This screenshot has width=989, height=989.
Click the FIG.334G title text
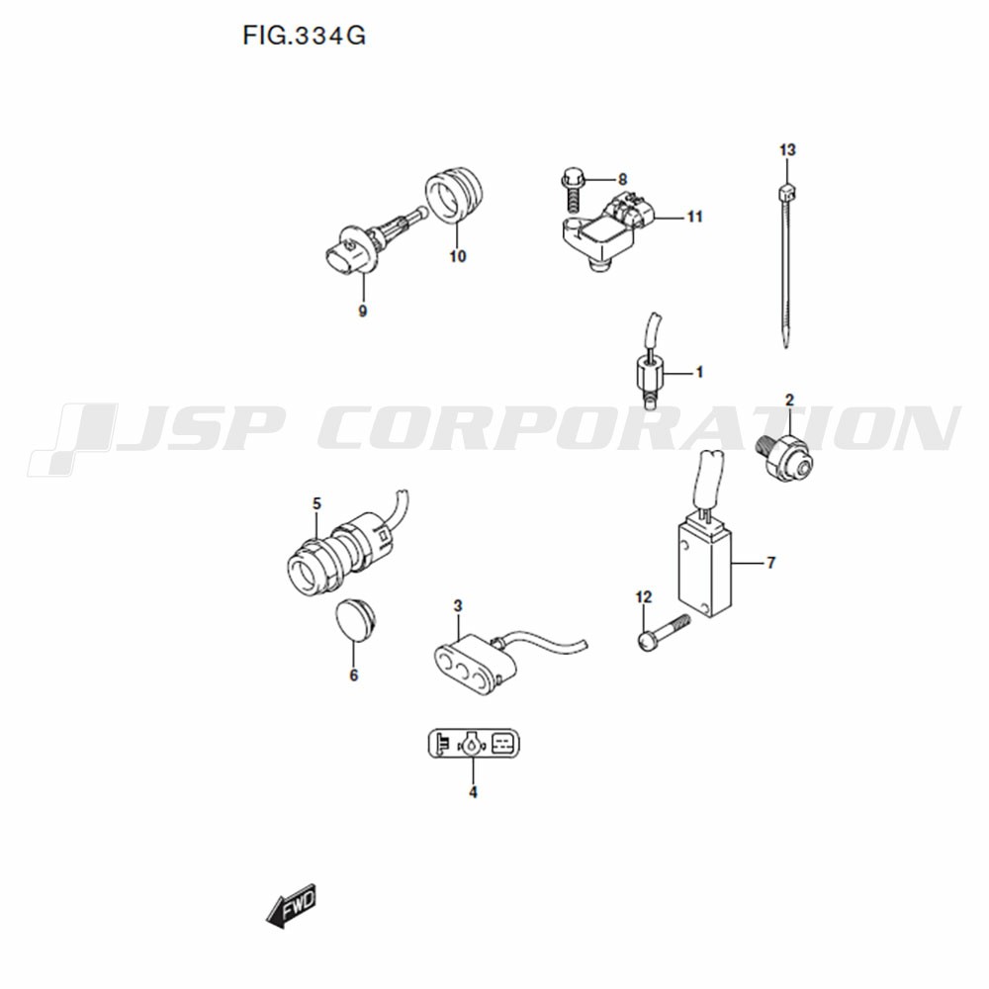304,36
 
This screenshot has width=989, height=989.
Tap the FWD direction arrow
291,906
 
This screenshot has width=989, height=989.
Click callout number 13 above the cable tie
787,150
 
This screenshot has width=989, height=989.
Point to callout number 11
694,217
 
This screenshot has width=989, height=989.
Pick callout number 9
363,311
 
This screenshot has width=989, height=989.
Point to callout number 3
458,605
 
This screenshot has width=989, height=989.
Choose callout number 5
316,503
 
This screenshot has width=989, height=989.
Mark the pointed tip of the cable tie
785,347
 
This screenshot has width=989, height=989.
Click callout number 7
770,562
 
